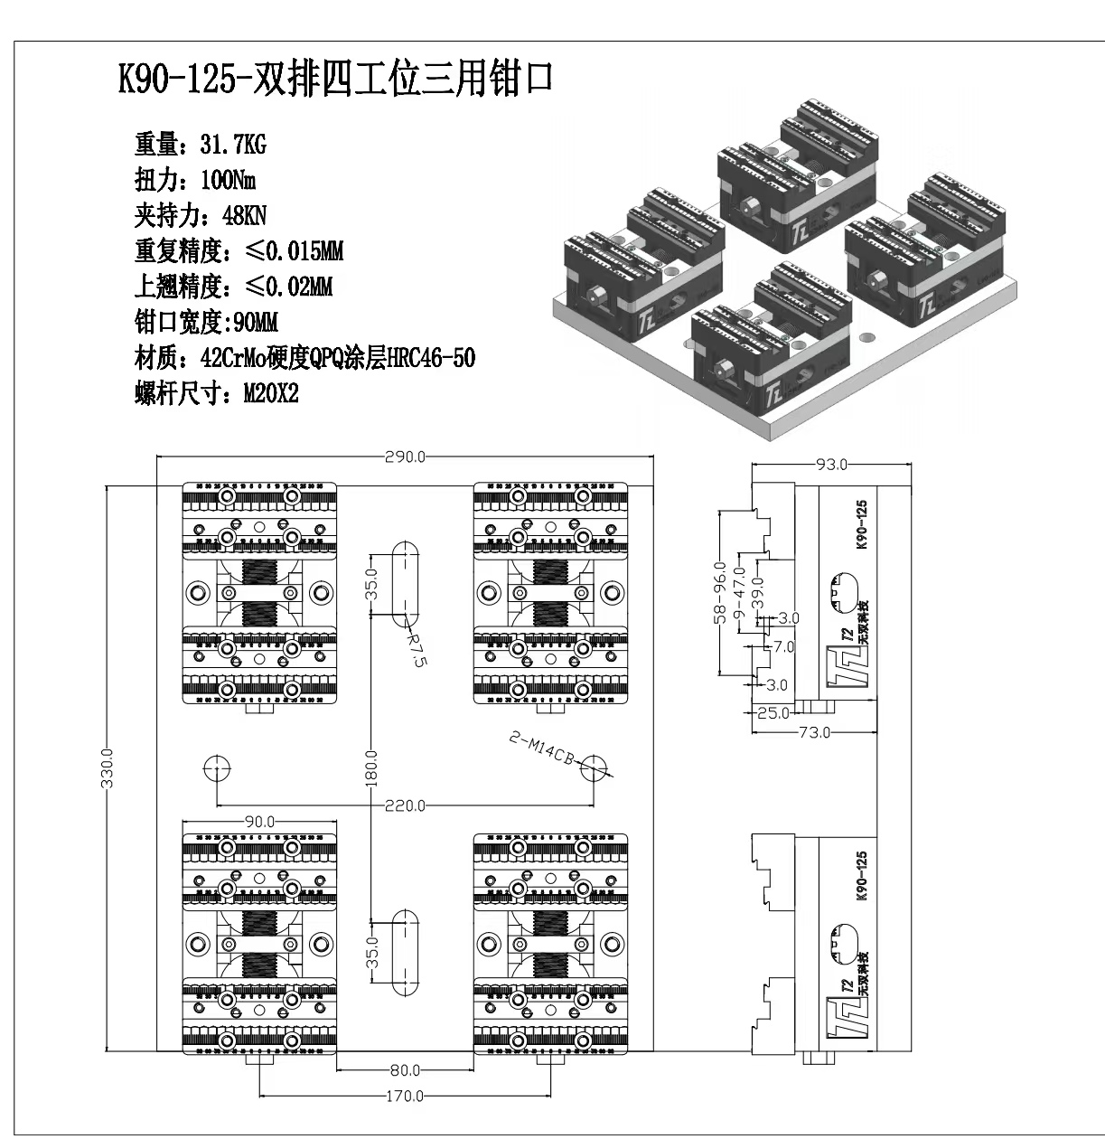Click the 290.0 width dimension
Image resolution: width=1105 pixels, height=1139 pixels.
(404, 457)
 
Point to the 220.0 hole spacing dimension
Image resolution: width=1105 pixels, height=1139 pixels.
(404, 805)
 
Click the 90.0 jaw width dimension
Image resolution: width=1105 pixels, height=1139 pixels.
(259, 822)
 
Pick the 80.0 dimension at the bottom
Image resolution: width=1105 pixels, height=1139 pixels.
(404, 1071)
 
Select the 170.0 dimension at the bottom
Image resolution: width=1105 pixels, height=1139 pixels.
(404, 1097)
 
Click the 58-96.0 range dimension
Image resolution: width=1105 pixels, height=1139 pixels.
(719, 592)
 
